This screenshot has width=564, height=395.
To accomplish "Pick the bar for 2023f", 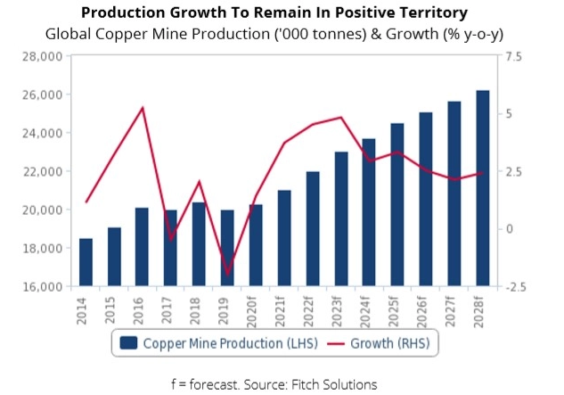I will pos(341,218).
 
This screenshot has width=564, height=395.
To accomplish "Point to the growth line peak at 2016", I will pos(143,108).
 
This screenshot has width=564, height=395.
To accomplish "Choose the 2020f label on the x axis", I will pos(257,309).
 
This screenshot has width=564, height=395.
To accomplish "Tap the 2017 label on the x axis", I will pos(171,308).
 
